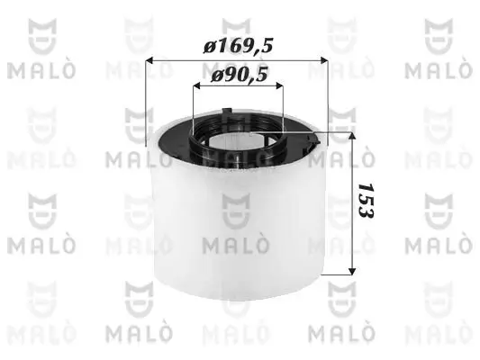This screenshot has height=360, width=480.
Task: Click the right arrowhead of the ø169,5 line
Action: tap(322, 61)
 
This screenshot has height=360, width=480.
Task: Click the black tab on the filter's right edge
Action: tap(313, 142)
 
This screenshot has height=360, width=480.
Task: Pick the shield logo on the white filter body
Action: tap(238, 213)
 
